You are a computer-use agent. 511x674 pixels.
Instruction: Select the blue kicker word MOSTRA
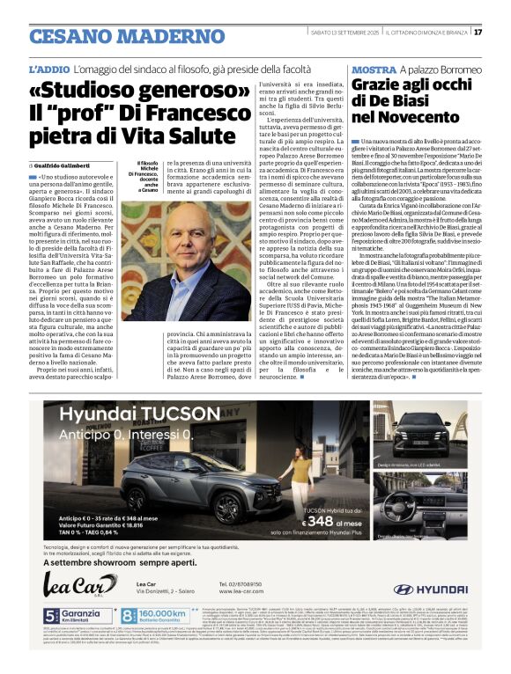point(373,69)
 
